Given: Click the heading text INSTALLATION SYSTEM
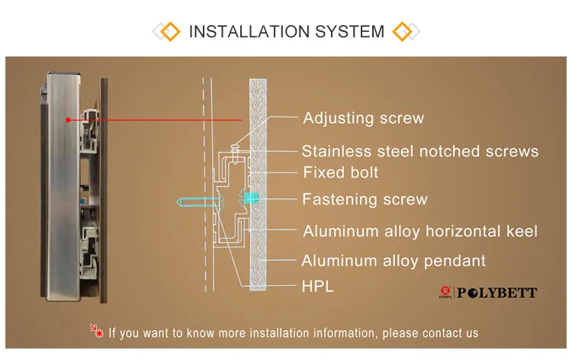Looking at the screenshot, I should tap(286, 31).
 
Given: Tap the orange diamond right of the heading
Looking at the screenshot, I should tap(402, 31).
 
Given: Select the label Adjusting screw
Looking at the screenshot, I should tap(363, 117).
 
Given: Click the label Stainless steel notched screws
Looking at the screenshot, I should tap(420, 151).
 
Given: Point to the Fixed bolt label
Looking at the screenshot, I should tap(340, 172).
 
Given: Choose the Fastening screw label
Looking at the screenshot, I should tap(365, 200).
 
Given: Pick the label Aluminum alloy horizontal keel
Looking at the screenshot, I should tap(420, 231).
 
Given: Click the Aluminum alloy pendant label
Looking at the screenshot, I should tap(394, 261).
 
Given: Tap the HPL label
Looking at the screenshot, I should tap(318, 287).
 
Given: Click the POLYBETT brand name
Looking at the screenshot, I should tap(496, 293).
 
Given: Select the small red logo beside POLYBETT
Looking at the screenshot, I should tap(446, 293).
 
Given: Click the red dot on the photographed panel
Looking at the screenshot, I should tap(68, 120).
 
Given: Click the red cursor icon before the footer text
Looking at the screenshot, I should tap(97, 332).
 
